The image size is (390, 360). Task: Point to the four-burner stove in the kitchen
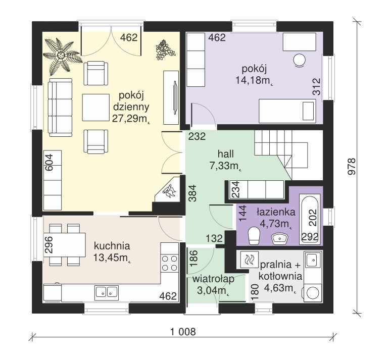coord(170,263)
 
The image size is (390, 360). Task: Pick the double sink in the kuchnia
coord(107,291)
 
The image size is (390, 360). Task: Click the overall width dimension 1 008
coord(182,332)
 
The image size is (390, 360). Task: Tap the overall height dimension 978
coord(352,167)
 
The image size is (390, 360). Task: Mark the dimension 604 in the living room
coord(49,163)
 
